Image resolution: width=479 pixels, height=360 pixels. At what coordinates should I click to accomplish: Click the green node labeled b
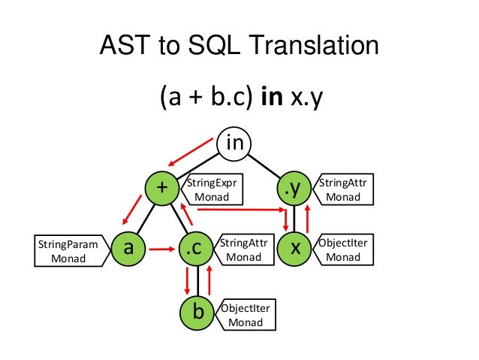point(197,311)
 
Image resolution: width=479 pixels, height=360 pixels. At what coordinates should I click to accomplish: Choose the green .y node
point(295,189)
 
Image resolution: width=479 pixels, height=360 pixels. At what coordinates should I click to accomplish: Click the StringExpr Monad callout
point(213,189)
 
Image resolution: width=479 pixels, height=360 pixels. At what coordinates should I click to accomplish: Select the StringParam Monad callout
point(68,250)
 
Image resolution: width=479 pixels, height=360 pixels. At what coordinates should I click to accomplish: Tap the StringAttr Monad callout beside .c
point(244,250)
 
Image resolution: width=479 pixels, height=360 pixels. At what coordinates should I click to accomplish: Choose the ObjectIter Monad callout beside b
point(245,315)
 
